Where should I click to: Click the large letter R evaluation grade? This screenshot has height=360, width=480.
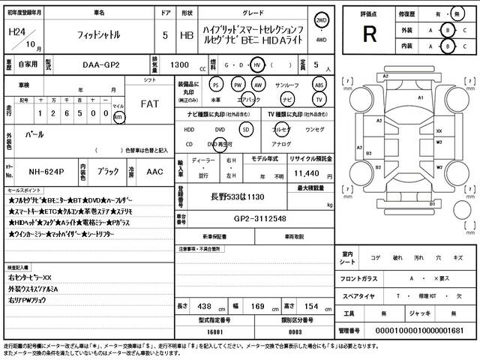click(369, 34)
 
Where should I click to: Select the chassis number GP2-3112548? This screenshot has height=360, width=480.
click(249, 219)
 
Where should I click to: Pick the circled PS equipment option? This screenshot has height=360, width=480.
click(216, 84)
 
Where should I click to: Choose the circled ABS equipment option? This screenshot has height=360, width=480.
click(319, 84)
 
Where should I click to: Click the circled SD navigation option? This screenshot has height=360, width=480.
click(244, 129)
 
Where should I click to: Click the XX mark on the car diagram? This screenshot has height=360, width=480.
click(438, 130)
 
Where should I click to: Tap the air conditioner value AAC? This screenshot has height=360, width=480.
click(155, 172)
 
